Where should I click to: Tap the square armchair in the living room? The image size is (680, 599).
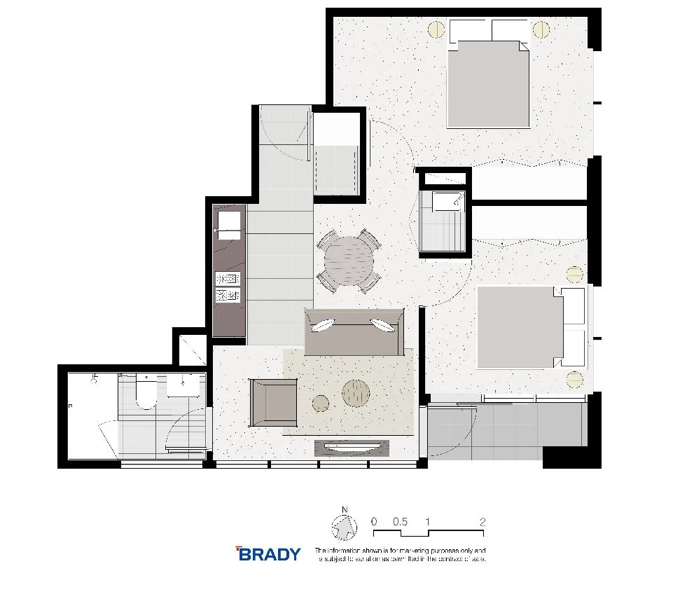(273, 401)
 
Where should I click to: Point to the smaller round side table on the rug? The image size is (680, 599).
(321, 403)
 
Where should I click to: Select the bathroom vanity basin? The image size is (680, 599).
(184, 385)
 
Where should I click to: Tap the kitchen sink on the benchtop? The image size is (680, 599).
(228, 223)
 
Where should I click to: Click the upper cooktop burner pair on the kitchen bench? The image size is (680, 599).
(228, 279)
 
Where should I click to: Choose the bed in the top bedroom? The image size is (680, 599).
(488, 83)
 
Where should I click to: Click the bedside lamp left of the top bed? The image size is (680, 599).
(436, 29)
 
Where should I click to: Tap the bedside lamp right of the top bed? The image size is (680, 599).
(541, 29)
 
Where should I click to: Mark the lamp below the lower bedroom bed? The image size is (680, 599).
(574, 380)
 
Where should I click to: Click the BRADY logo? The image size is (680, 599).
(268, 554)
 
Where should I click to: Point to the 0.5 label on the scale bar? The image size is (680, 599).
(400, 522)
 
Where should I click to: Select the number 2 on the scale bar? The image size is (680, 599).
(483, 522)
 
